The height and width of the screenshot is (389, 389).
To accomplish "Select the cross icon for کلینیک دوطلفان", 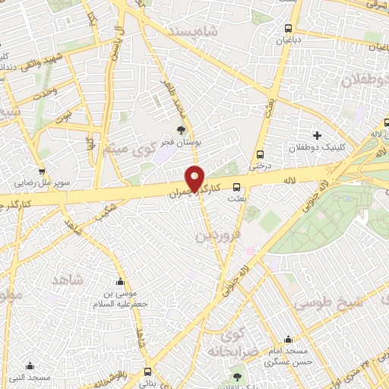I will [x=317, y=135].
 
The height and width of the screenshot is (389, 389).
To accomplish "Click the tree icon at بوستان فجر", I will [x=180, y=130].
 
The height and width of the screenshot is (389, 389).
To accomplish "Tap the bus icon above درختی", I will [x=261, y=153].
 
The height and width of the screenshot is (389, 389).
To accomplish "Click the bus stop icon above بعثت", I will [x=236, y=185].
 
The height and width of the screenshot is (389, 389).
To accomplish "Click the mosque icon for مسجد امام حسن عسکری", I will [x=287, y=340].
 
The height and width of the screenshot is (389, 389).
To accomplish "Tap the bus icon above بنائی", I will [x=147, y=371].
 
